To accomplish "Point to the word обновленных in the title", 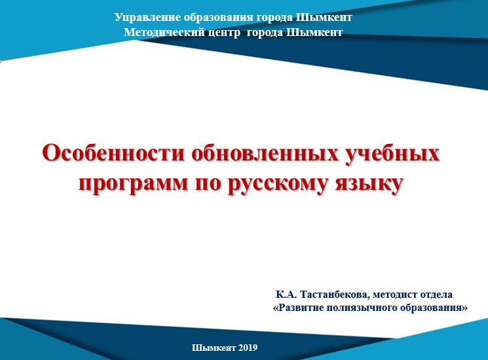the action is [265, 153].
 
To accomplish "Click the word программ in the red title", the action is [134, 184].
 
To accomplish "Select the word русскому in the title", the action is [278, 184].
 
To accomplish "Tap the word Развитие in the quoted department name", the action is [298, 308].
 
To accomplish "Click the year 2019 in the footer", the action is [248, 348].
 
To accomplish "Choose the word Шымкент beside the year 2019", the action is [214, 348].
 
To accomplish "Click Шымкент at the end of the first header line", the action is [324, 18].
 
